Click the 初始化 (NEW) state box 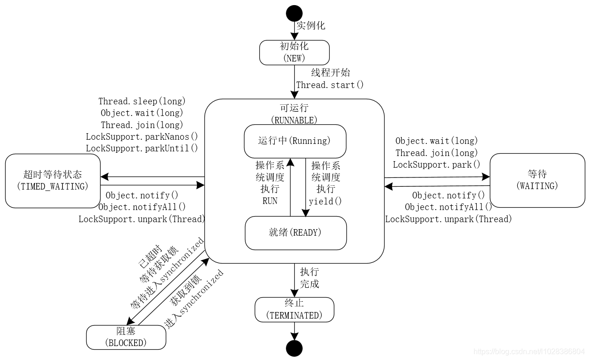tap(294, 52)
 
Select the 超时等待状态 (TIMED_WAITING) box tap(53, 181)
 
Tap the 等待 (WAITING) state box tap(537, 180)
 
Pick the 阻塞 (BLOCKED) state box tap(126, 337)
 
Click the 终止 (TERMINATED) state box tap(294, 310)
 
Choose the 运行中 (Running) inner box tap(295, 141)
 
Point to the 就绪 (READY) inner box tap(296, 233)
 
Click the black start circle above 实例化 tap(294, 13)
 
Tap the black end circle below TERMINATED tap(294, 348)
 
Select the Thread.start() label tap(330, 85)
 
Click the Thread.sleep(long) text tap(142, 101)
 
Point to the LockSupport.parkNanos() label tap(142, 136)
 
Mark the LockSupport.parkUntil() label tap(142, 148)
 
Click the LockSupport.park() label tap(436, 164)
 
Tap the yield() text tap(325, 201)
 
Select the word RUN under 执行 tap(270, 201)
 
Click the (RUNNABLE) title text tap(294, 120)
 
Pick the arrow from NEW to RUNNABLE tap(294, 82)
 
